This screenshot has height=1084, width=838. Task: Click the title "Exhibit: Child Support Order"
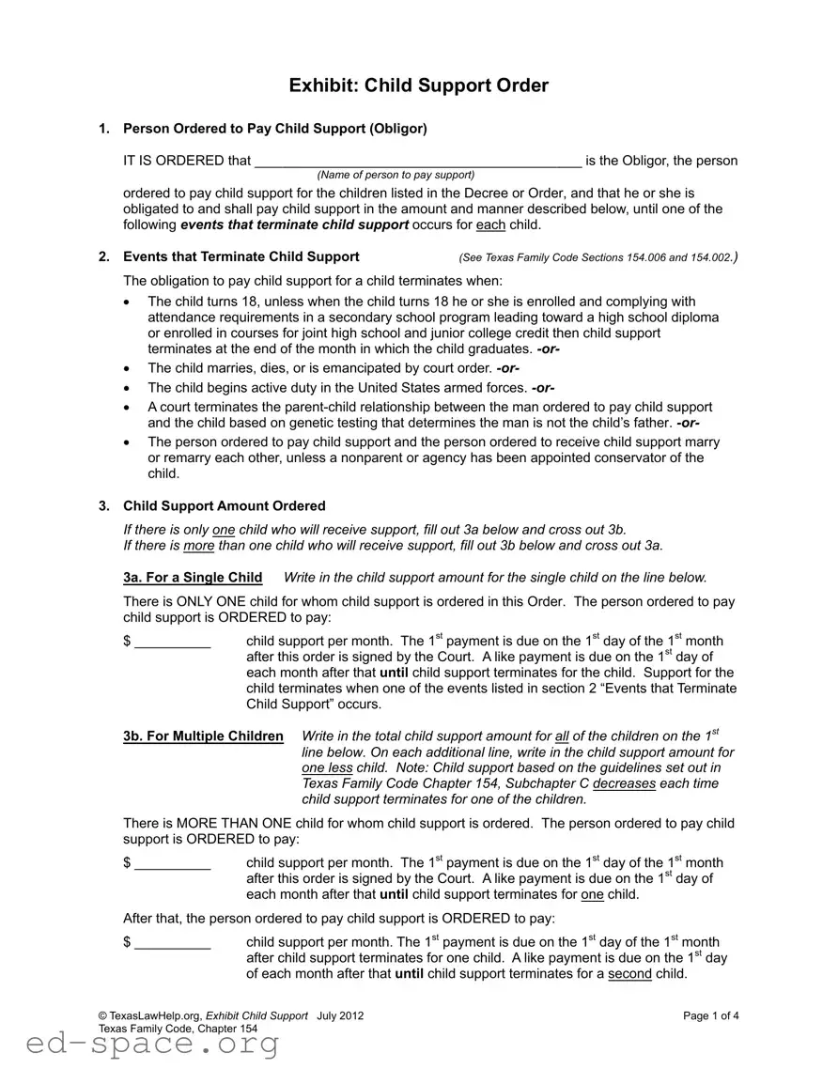[x=418, y=85]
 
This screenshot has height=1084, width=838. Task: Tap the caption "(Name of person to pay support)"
[x=396, y=176]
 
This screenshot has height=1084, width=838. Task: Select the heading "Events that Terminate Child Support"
[x=241, y=256]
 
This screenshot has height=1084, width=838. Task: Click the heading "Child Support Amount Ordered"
[x=225, y=506]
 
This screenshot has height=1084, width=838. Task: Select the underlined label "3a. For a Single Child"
[x=193, y=578]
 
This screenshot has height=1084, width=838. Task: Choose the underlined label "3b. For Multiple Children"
[x=203, y=736]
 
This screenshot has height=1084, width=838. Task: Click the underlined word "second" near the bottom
[x=629, y=974]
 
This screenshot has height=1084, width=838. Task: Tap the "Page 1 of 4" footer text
[x=711, y=1016]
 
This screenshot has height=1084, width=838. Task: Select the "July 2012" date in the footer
[x=340, y=1016]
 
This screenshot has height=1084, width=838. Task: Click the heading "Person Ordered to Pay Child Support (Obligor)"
[x=275, y=129]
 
